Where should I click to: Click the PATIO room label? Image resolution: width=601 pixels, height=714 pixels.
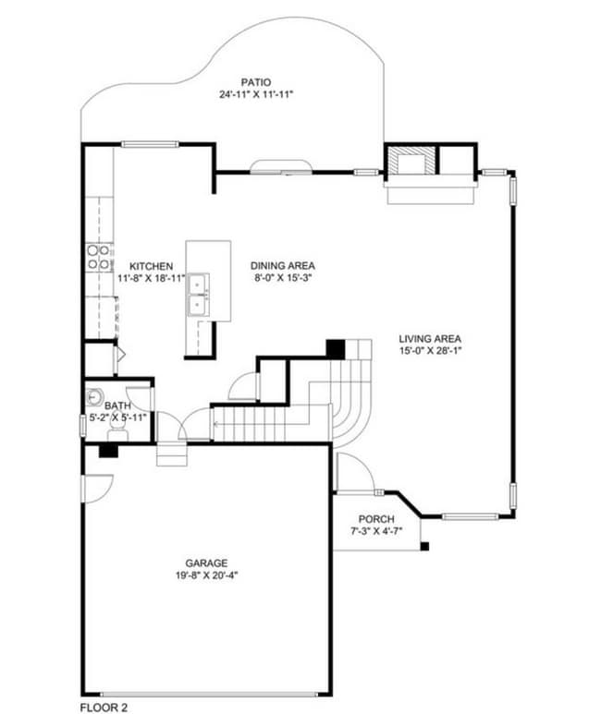tap(256, 81)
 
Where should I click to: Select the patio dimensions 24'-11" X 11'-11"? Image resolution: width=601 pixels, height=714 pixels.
tap(256, 94)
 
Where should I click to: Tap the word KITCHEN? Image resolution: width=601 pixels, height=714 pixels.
tap(151, 266)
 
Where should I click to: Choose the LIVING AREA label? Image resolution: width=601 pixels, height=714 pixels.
tap(430, 338)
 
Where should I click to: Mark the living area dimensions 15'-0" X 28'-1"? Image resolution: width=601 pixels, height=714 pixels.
tap(430, 350)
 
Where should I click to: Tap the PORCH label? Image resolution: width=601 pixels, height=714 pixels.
tap(376, 518)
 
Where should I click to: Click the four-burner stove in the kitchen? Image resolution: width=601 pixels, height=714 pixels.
tap(99, 257)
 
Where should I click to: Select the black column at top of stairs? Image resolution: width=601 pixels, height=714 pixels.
tap(336, 349)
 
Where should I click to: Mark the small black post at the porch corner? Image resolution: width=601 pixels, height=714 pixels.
tap(424, 548)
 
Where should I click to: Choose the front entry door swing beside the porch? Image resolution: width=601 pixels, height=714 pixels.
tap(354, 472)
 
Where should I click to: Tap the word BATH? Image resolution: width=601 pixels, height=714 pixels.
tap(117, 405)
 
